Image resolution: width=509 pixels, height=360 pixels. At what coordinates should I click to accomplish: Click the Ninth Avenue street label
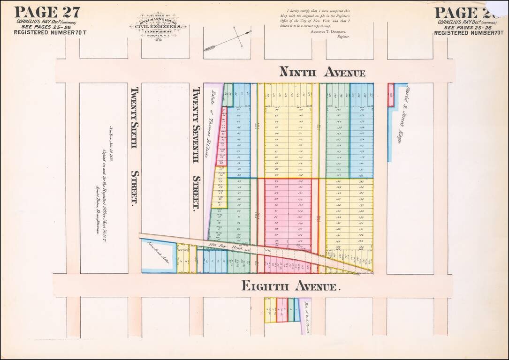322,72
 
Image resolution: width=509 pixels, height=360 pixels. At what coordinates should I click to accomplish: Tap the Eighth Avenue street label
290,285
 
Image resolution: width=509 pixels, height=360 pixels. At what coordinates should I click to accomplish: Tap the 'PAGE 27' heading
47,12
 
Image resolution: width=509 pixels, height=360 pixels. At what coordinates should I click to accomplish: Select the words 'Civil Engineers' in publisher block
158,26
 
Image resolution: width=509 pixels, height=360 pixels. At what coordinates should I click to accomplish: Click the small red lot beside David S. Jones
391,95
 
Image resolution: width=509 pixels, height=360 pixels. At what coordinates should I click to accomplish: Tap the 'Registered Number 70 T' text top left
50,32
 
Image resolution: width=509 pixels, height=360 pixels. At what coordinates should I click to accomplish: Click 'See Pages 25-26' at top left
46,27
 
